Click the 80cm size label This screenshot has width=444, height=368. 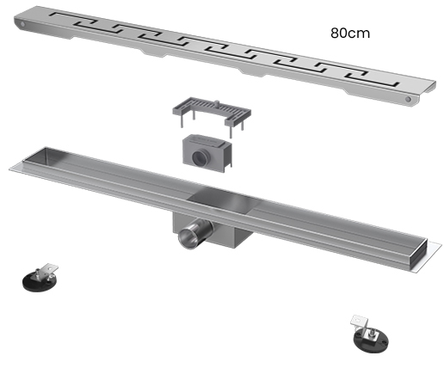(x=350, y=34)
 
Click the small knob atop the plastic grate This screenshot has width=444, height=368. (x=217, y=103)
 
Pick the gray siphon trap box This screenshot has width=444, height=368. (x=207, y=153)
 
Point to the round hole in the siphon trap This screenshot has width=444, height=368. (x=200, y=157)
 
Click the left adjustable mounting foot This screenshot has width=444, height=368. (x=40, y=278)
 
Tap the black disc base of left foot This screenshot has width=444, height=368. (x=37, y=282)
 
